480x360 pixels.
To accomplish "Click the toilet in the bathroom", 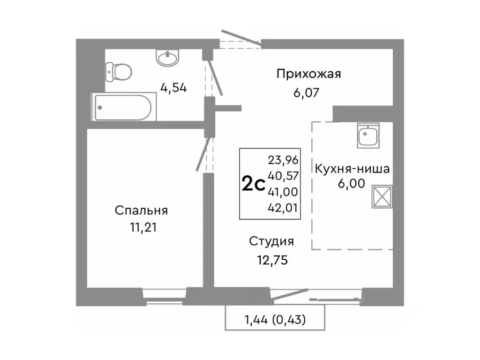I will click(x=120, y=72).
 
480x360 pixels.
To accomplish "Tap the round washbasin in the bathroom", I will click(x=167, y=58).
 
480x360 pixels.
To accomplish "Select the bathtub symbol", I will click(x=121, y=107).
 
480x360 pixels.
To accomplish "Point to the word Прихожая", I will click(x=308, y=74).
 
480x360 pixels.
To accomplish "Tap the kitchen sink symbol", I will click(x=368, y=135).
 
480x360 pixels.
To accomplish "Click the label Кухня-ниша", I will click(x=352, y=169).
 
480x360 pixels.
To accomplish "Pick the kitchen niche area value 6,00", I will click(x=352, y=184).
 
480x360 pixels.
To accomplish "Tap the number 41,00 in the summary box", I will click(x=283, y=191).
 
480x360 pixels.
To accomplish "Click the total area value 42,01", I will click(x=283, y=207).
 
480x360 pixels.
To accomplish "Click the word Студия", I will click(x=271, y=241).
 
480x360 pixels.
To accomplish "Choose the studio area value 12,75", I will click(x=271, y=259).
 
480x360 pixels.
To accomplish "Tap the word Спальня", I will click(x=141, y=210).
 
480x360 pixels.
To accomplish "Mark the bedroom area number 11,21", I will click(x=141, y=228).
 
